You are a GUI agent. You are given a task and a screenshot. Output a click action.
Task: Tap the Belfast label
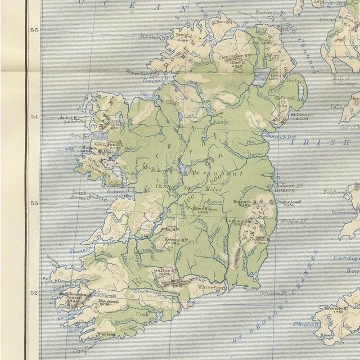point(292,81)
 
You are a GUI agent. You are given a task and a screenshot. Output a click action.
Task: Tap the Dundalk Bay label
point(284,136)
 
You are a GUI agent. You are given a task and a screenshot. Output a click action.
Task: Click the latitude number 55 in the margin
point(34,30)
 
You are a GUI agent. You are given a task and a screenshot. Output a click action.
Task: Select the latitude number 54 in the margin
point(34,117)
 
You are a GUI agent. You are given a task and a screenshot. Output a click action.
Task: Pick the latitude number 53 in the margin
point(34,204)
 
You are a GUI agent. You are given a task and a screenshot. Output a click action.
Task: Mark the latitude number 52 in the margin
point(34,292)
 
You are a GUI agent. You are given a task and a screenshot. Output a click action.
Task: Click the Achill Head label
point(69,118)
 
